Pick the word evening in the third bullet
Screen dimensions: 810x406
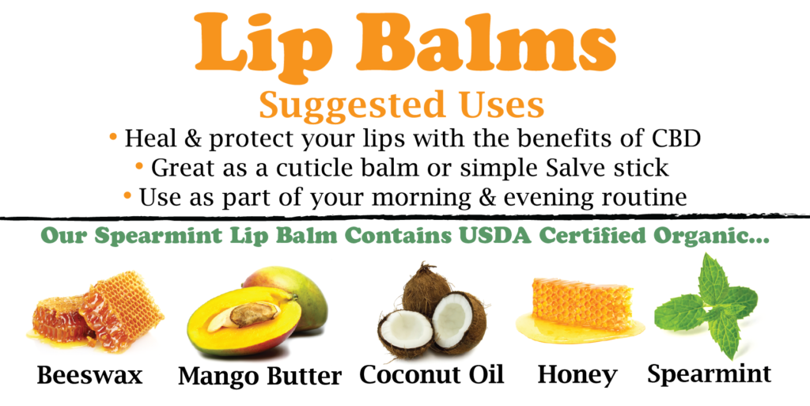tap(547, 199)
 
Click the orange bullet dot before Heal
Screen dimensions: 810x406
tap(113, 137)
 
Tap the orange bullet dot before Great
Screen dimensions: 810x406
tap(139, 166)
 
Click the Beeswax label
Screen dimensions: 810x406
tap(89, 375)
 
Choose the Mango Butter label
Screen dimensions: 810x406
tap(259, 376)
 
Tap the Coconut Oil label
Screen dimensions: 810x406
tap(431, 374)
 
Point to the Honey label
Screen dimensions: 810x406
tap(577, 375)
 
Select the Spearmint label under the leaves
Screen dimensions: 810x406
tap(710, 374)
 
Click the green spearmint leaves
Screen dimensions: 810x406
tap(706, 305)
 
